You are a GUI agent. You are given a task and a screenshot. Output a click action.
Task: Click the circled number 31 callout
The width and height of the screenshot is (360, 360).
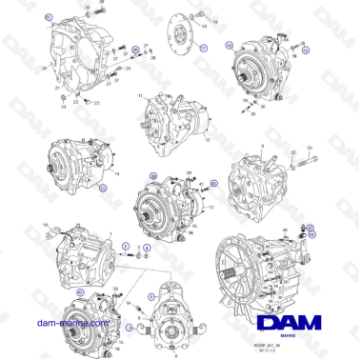click(x=50, y=17)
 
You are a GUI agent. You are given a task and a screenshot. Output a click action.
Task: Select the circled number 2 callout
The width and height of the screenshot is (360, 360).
click(x=126, y=246)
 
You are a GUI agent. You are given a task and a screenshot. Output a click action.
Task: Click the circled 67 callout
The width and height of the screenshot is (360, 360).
click(x=309, y=225)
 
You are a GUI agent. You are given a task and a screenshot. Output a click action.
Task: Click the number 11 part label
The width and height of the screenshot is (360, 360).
click(x=139, y=96)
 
